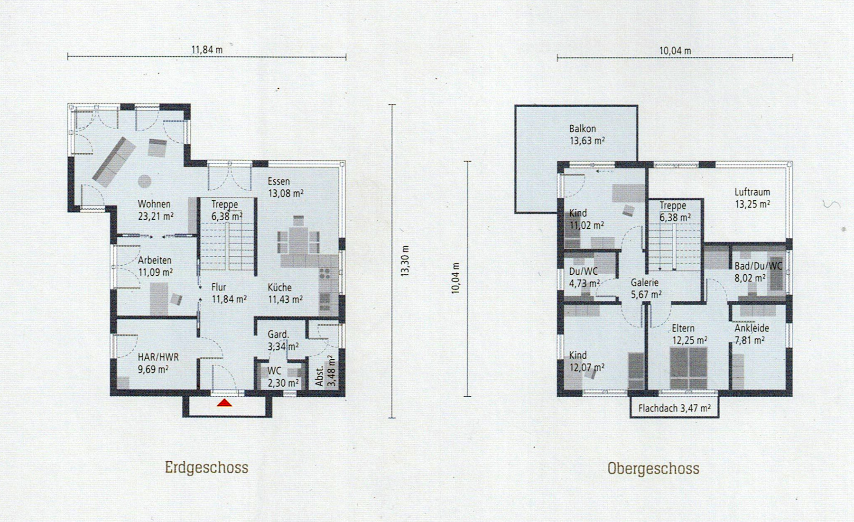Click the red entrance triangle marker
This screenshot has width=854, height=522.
coord(224,403)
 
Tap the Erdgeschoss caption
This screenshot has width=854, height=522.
coord(206,467)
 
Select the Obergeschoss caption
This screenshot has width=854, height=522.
coord(653,468)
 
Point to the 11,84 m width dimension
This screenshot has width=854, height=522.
coord(207,49)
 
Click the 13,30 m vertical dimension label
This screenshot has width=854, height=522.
coord(405,261)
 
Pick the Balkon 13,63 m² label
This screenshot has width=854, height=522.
coord(587,135)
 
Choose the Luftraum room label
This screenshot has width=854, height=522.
coord(752,192)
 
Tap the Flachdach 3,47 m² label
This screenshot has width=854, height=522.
coord(674,408)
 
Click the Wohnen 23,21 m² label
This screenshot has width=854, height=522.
coord(155,210)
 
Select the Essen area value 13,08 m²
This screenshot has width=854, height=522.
coord(286,194)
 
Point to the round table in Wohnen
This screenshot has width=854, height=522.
coord(144,181)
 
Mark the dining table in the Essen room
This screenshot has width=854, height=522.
coord(299,241)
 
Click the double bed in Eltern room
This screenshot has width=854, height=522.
coord(688,368)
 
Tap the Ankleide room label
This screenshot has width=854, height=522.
coord(752,328)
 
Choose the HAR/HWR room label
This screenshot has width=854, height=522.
coord(158,357)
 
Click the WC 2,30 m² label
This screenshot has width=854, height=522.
coord(283,377)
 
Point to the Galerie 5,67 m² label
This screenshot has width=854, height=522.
coord(646,289)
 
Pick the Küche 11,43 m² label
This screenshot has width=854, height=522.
coord(285,293)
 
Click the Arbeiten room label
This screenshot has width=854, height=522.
coord(155,261)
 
